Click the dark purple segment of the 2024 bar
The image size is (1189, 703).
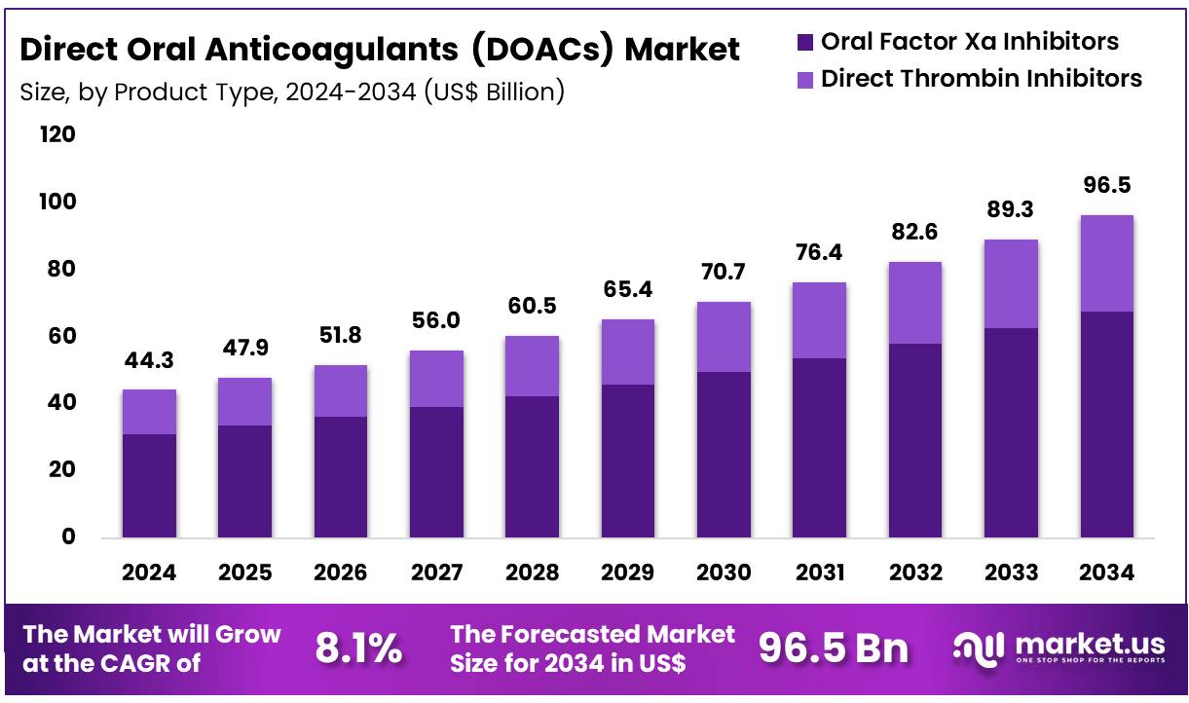coord(149,485)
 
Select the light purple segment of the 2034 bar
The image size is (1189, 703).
coord(1107,263)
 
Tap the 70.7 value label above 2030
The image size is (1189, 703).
coord(724,273)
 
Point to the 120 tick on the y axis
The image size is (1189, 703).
coord(56,134)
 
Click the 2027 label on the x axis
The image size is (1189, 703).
coord(436,573)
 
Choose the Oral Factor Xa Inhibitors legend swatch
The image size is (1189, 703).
coord(804,42)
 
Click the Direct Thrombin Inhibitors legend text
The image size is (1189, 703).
coord(981,78)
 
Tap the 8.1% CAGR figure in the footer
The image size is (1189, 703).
coord(358,648)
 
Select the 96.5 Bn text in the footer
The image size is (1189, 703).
coord(833,648)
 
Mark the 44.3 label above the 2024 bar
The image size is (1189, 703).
coord(149,361)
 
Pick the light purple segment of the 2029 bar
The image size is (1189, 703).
coord(628,351)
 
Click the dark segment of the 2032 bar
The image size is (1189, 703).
coord(915,440)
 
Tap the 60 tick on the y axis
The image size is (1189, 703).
coord(56,336)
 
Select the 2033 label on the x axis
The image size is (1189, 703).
coord(1011,573)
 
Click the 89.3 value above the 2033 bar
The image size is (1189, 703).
coord(1011,210)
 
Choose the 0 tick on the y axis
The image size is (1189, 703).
coord(68,536)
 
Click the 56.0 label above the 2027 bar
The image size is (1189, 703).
coord(436,321)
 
